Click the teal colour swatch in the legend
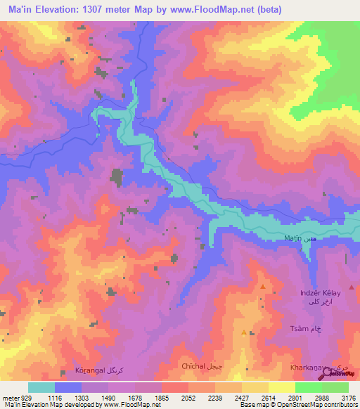[41, 387]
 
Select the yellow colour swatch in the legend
[281, 387]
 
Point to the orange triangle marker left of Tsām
[244, 332]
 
